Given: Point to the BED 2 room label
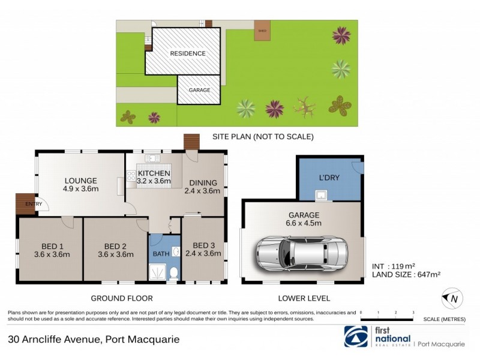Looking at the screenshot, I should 115,250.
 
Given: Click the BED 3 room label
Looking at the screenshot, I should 203,248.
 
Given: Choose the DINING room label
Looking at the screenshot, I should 203,187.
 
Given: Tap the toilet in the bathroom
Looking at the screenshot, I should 174,274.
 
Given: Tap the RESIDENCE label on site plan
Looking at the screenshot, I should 187,53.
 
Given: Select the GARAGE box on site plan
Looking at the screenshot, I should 200,90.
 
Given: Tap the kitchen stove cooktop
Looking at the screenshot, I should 131,175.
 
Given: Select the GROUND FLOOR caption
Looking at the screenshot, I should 121,298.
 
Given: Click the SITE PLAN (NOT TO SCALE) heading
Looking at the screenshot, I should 263,137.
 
